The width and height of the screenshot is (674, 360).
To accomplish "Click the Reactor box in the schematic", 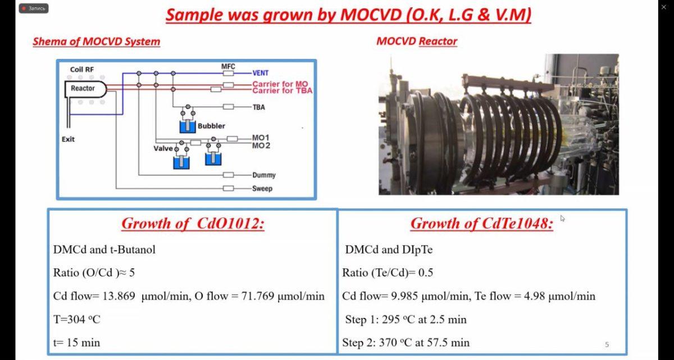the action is click(85, 89).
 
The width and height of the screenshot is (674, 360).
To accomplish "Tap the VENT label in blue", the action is click(260, 73).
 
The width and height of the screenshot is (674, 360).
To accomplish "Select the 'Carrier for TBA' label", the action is click(282, 90).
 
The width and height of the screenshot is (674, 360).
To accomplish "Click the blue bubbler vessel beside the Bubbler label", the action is click(188, 126).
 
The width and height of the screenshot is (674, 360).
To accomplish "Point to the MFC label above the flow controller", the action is click(228, 66).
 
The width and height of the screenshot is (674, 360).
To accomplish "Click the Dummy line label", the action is click(264, 175).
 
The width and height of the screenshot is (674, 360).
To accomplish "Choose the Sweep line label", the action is click(262, 189).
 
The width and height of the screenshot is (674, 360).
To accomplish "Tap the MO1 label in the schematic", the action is click(261, 138).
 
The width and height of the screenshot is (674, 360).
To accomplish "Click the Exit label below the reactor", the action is click(68, 139).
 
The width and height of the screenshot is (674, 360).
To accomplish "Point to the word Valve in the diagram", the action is click(163, 148).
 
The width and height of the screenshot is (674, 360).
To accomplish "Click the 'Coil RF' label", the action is click(82, 70).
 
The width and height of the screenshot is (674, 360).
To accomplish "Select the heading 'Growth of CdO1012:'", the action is click(193, 224).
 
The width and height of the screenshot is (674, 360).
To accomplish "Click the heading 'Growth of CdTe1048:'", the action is click(482, 224).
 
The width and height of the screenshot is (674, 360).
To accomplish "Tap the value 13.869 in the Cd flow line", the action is click(119, 296).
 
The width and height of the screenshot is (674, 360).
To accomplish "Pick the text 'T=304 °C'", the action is click(77, 319).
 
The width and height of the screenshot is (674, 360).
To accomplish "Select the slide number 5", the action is click(607, 345).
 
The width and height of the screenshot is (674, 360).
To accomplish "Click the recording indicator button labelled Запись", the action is click(34, 8).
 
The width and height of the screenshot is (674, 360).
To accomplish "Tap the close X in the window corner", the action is click(664, 7).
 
